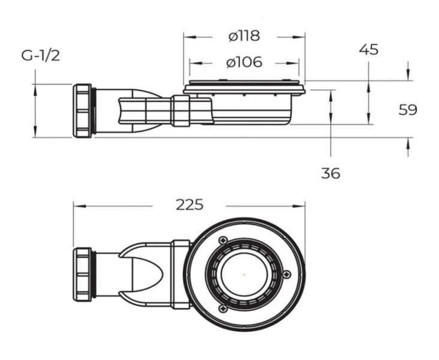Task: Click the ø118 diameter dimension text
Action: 244,36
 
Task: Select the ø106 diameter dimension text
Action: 244,62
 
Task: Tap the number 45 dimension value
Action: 369,49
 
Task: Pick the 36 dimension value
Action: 330,173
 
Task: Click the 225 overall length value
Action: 190,205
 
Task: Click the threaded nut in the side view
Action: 83,110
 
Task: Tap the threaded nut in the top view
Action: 83,274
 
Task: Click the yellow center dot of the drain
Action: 244,274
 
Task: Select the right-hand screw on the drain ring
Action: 290,274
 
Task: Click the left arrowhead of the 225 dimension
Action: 77,205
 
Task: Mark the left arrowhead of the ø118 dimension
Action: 187,37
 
